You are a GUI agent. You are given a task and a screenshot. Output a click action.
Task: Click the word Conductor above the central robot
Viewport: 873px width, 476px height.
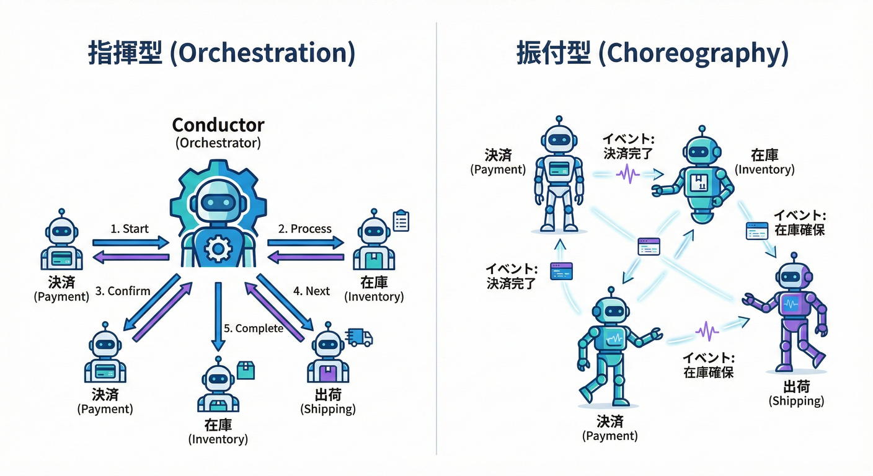[x=218, y=125]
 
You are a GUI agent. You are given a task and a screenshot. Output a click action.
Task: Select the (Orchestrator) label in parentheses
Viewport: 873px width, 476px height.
[x=218, y=143]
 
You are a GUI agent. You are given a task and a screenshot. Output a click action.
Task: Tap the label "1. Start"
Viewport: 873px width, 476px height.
[x=130, y=229]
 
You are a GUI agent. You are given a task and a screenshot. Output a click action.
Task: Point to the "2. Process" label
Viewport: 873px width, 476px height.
[x=304, y=229]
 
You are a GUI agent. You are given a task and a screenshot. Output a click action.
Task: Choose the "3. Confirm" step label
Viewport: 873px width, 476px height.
[x=123, y=291]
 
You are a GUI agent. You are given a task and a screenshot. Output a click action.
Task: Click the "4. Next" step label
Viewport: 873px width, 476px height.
[x=311, y=291]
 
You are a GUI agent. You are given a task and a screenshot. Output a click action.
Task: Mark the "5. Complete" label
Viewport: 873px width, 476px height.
[x=254, y=328]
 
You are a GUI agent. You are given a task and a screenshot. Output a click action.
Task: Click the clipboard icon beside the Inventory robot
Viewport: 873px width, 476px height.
[x=401, y=221]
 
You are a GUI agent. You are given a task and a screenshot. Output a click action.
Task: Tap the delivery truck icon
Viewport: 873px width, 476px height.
[x=360, y=337]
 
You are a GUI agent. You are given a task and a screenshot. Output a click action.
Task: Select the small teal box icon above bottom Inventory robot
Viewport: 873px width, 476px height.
[x=246, y=370]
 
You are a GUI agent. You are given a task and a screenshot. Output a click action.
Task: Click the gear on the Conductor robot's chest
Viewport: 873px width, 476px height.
[x=218, y=249]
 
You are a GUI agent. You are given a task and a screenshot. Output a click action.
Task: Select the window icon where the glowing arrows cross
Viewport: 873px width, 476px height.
[x=648, y=247]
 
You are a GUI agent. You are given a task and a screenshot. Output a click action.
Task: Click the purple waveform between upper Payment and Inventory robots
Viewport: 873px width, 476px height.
[x=627, y=174]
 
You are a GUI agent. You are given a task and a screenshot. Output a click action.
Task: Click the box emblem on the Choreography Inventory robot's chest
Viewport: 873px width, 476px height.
[x=698, y=182]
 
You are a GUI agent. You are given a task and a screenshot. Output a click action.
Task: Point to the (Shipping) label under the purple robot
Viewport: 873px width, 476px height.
[x=796, y=401]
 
